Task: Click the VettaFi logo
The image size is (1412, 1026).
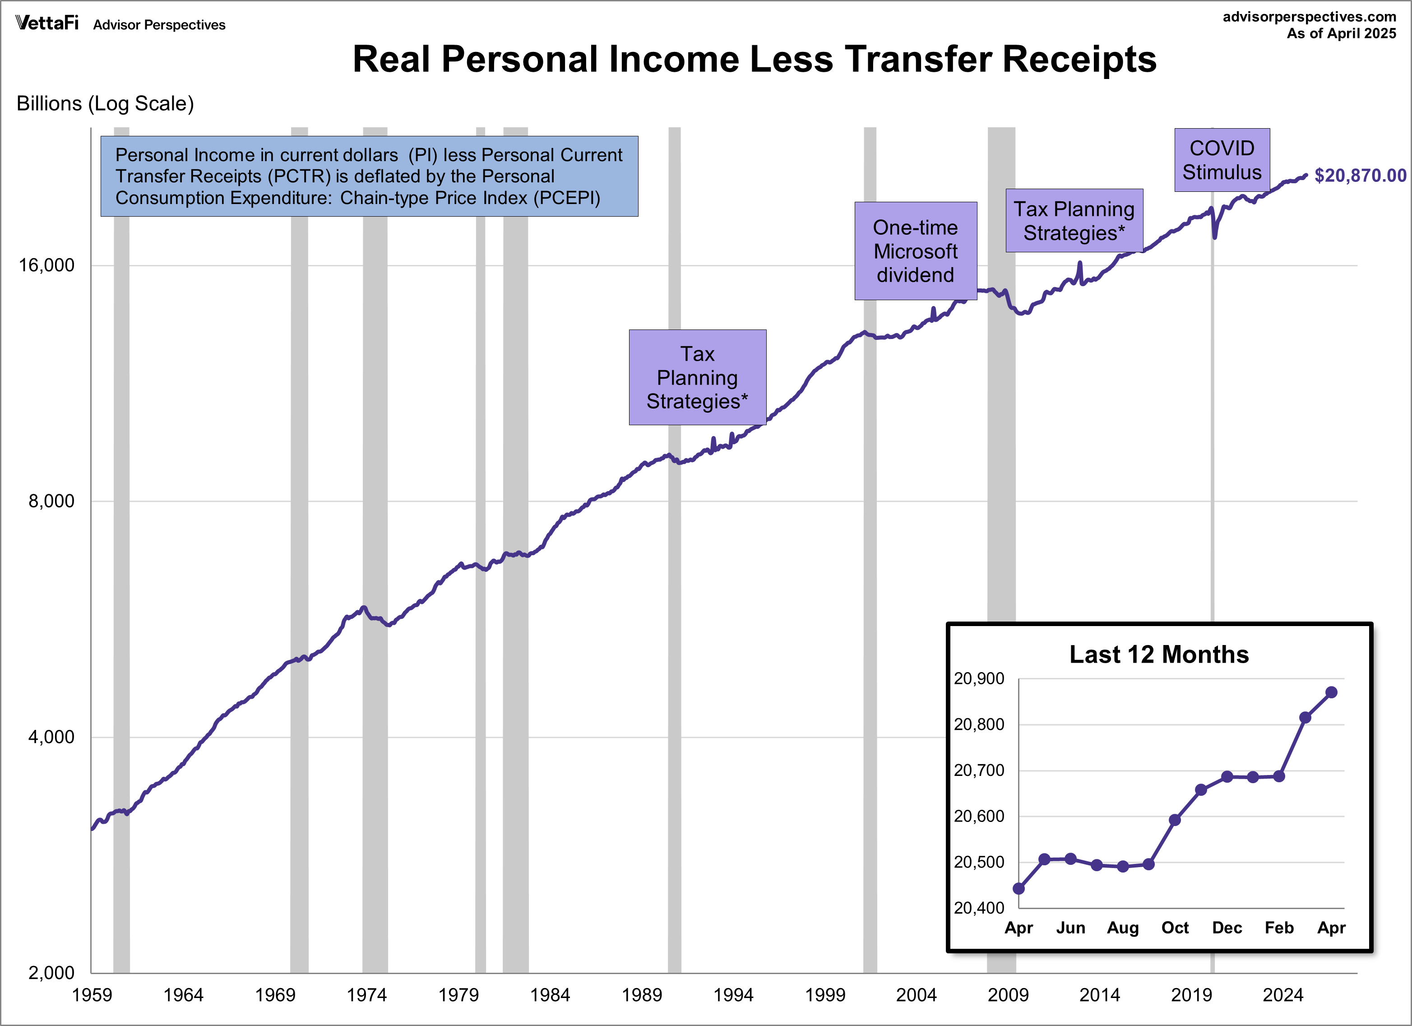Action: click(x=46, y=23)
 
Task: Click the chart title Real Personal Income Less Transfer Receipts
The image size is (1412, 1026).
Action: click(x=754, y=60)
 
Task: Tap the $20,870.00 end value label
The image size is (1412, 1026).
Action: click(x=1360, y=176)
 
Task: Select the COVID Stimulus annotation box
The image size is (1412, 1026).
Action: click(x=1222, y=160)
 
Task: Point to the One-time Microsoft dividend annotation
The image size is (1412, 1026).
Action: click(x=915, y=251)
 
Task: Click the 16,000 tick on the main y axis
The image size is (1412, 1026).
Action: click(x=46, y=265)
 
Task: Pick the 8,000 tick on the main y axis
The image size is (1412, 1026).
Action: click(x=51, y=501)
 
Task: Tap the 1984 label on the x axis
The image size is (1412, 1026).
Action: click(x=550, y=995)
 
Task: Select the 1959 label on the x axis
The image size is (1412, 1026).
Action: click(x=92, y=995)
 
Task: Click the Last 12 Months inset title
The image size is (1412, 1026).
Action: click(x=1158, y=655)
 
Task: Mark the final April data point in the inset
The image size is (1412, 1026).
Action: click(x=1331, y=692)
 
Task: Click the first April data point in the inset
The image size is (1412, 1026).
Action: click(x=1018, y=888)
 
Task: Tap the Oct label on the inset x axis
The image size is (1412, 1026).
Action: click(x=1175, y=928)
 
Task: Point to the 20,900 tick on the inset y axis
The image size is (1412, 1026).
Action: click(x=979, y=678)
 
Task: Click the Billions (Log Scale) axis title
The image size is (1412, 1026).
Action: click(x=105, y=103)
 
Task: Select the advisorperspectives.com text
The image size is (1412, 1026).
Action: click(x=1309, y=17)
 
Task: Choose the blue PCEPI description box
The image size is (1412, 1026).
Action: click(x=369, y=176)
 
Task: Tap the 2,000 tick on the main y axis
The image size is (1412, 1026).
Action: click(x=51, y=972)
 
